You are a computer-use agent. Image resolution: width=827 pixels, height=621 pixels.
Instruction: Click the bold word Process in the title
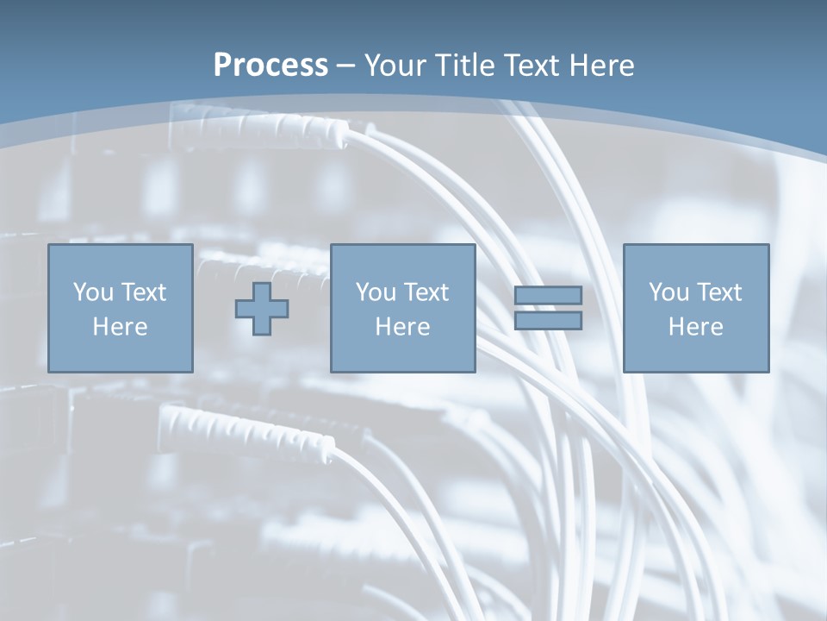coord(270,66)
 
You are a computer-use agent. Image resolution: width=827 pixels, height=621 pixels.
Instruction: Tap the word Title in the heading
coord(467,66)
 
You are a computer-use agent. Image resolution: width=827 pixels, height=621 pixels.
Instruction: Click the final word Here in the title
coord(600,66)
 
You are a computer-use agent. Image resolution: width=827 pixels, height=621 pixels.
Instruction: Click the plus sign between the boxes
coord(262,309)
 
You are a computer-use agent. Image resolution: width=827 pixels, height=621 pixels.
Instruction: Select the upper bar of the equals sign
coord(548,295)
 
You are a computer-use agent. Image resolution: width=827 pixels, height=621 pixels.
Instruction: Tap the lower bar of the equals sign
coord(548,321)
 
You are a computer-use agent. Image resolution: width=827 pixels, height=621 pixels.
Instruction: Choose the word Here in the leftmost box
coord(120,327)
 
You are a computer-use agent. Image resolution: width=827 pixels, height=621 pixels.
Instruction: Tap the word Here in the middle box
coord(402,327)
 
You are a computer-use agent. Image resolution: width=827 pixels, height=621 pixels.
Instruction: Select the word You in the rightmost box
coord(668,292)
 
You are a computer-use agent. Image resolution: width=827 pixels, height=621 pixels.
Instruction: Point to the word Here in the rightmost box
coord(695,327)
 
